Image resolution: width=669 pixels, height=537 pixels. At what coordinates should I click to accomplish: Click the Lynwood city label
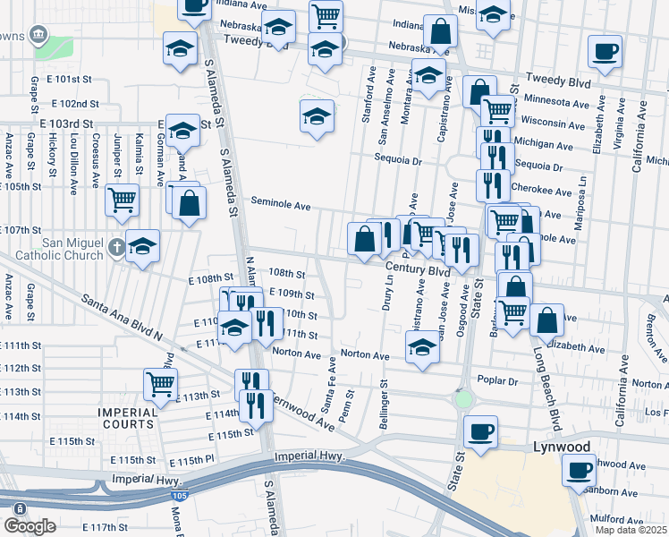coord(536,446)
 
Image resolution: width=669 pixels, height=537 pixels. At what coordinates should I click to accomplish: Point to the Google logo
coord(29,526)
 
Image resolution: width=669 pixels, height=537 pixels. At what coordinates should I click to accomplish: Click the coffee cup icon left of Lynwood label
coord(480,431)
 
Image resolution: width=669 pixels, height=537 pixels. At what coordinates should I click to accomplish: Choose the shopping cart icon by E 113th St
coord(160,383)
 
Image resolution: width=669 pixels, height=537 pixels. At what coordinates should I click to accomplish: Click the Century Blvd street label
coord(418,269)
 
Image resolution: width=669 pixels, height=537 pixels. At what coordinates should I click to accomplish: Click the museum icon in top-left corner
coord(38,34)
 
